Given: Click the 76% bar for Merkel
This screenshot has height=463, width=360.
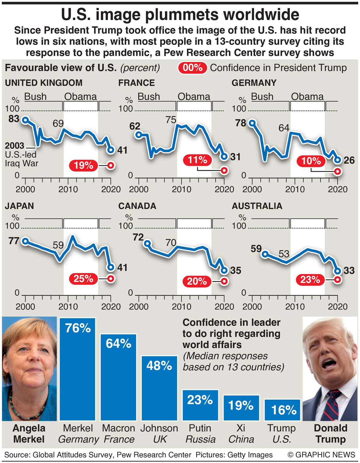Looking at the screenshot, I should point(77,369).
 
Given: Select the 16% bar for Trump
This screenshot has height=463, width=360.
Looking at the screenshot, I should point(283,410).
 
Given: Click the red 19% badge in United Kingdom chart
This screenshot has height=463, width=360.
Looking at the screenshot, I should point(83,165).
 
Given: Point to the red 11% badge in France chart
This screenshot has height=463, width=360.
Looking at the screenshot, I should point(197,160).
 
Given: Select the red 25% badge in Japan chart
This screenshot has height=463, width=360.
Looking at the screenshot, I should point(83,279).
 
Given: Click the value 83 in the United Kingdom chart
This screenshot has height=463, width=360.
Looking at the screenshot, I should point(14,119).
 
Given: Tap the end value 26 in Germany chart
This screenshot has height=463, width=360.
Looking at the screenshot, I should point(349,160).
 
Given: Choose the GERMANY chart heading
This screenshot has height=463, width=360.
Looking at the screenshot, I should point(254,83).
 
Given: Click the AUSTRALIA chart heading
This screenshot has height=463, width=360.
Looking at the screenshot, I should point(257,206).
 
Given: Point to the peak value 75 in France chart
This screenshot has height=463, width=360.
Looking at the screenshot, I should point(171,120).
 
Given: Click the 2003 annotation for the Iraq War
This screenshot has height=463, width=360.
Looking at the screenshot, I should point(15,146).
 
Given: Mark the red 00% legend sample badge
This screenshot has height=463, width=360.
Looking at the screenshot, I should point(193,68).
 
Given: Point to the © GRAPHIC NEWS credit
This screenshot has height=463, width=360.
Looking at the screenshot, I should point(321,455).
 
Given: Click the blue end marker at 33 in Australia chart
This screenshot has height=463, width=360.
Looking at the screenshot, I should point(337,271).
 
